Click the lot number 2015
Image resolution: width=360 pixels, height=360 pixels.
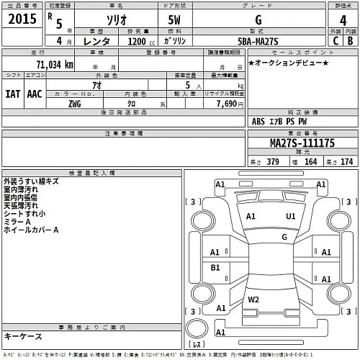click(x=21, y=20)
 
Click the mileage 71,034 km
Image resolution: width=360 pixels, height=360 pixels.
click(x=48, y=65)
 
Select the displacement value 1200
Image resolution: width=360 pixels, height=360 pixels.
click(x=140, y=42)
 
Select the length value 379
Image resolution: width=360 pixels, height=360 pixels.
click(x=273, y=161)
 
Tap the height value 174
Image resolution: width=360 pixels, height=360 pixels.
click(x=347, y=161)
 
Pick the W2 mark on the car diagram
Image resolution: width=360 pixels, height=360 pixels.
click(x=253, y=299)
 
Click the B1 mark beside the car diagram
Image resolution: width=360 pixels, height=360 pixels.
click(x=215, y=267)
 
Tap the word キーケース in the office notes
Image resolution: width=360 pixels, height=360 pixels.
click(x=23, y=336)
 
